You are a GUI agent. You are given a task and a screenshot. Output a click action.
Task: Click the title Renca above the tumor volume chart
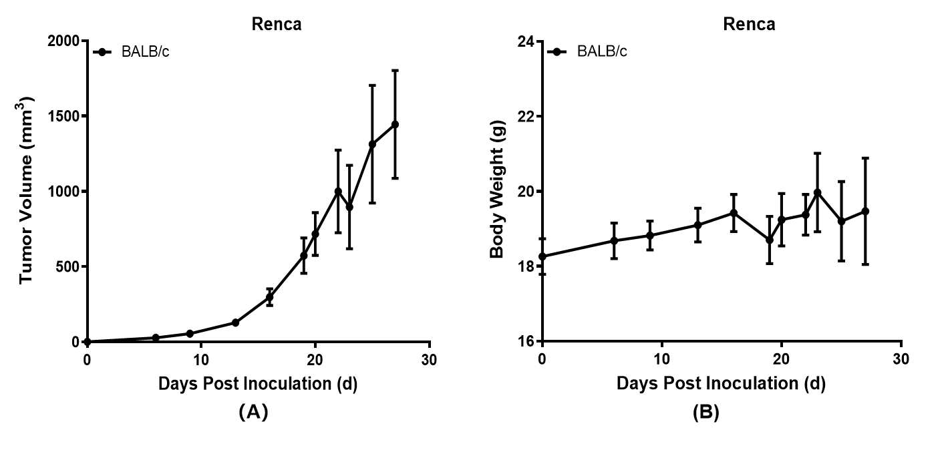coord(276,25)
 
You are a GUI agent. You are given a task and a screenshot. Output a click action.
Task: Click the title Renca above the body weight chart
coord(749,25)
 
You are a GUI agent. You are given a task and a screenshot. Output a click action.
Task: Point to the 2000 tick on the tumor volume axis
coord(65,41)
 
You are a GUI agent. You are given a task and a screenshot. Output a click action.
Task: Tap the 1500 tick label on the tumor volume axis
coord(65,116)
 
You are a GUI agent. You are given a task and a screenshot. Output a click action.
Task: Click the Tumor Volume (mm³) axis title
coord(27,190)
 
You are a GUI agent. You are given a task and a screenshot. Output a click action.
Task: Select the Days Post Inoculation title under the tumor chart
coord(257,384)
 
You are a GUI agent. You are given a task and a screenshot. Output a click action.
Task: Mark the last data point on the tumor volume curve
coord(395,124)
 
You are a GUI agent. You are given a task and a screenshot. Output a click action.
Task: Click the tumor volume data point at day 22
coord(338,192)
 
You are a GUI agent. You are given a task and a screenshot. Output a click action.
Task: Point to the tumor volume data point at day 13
coord(235,322)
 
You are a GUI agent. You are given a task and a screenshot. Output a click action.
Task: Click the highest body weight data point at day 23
coord(817,192)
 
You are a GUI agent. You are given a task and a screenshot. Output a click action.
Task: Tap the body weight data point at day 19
coord(770,240)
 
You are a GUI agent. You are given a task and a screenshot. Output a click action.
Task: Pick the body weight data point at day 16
coord(734,213)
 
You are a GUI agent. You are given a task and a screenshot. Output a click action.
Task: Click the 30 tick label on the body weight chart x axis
coord(901,360)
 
